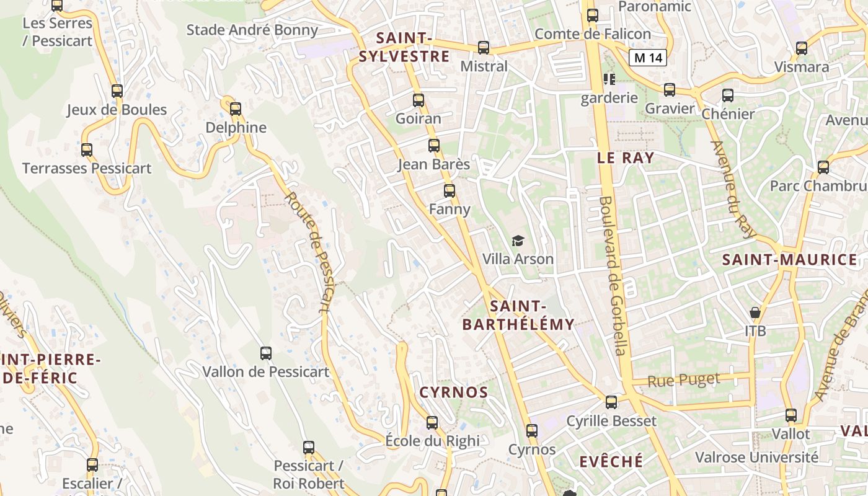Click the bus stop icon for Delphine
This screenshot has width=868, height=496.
click(x=235, y=109)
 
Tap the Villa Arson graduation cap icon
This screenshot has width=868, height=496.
click(x=517, y=241)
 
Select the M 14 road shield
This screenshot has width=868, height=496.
click(x=648, y=58)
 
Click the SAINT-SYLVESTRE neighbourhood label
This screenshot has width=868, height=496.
click(x=404, y=47)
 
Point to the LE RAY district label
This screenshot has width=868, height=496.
click(x=626, y=157)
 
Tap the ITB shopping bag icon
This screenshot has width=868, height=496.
click(x=755, y=312)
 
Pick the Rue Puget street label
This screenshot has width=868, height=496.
click(x=684, y=379)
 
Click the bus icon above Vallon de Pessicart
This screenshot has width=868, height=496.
click(x=265, y=353)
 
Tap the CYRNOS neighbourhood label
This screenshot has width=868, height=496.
click(x=454, y=392)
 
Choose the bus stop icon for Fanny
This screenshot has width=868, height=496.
click(x=449, y=191)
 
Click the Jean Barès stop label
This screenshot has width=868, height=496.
click(x=433, y=165)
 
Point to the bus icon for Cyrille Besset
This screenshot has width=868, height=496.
click(x=611, y=402)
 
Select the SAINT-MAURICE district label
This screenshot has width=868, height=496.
click(x=790, y=260)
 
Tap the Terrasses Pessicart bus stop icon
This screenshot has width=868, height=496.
click(x=87, y=150)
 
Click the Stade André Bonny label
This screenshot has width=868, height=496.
click(x=252, y=30)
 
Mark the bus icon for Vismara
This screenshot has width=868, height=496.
click(x=802, y=48)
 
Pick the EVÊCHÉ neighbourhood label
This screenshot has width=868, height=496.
click(x=611, y=461)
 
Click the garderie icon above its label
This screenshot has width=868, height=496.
click(x=609, y=79)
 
